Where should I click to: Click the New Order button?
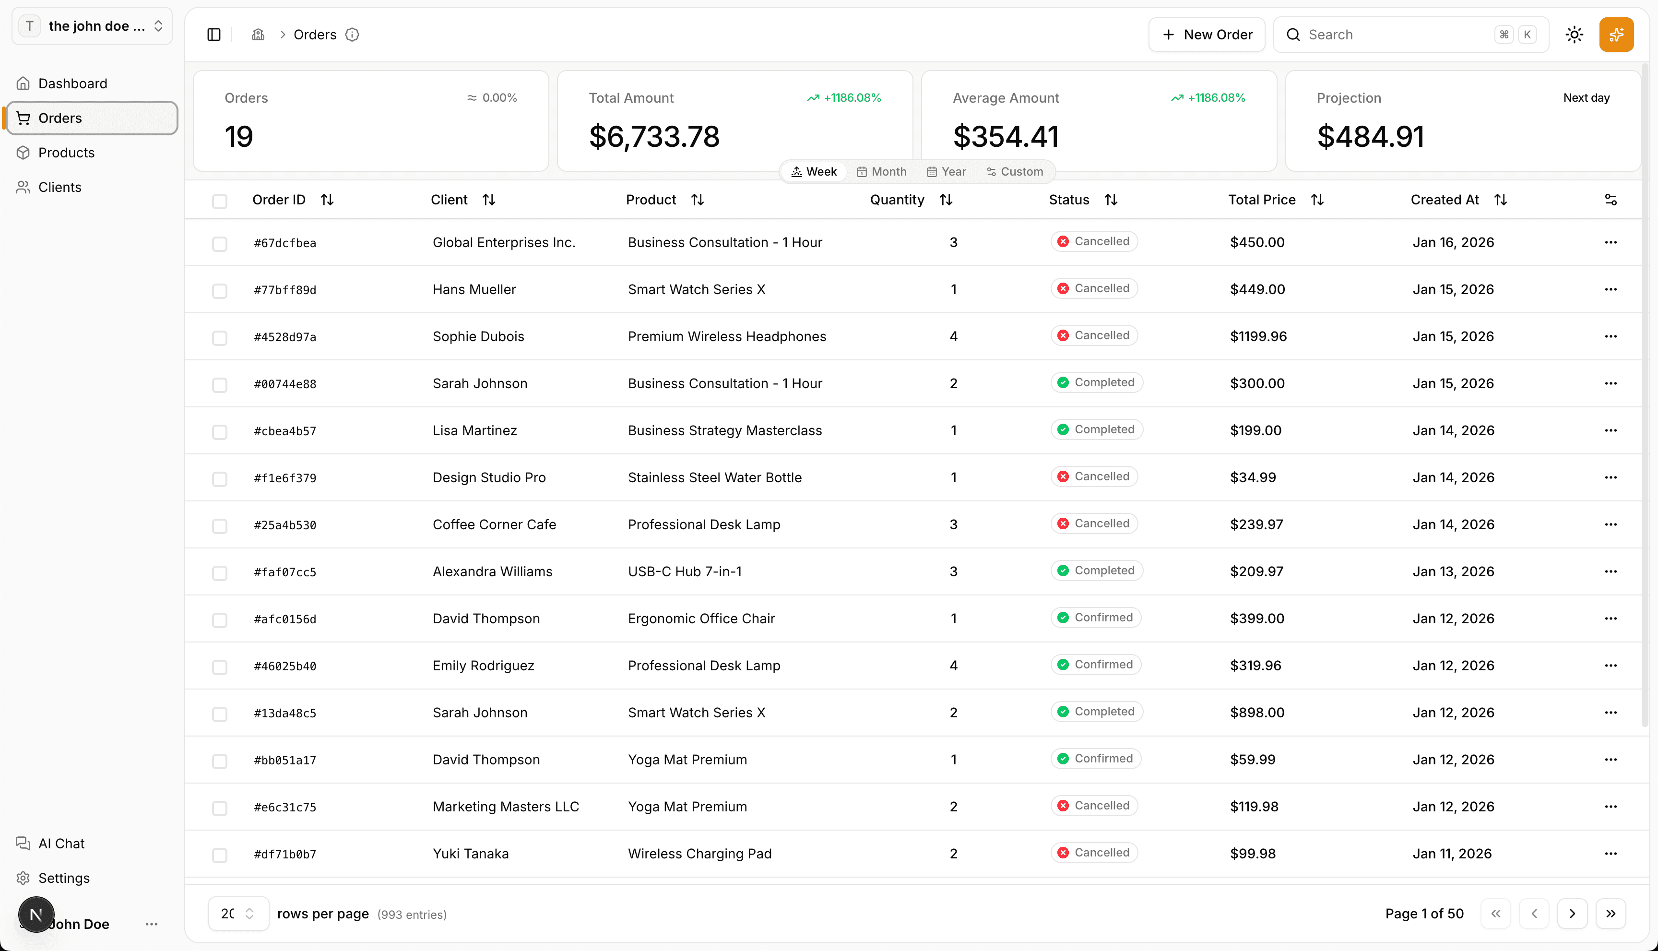point(1207,35)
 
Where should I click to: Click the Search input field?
point(1397,35)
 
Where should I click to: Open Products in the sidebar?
point(66,153)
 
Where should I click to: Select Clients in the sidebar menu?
point(59,188)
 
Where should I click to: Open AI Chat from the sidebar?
point(61,843)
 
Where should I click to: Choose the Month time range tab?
point(882,172)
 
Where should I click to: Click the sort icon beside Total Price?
point(1317,200)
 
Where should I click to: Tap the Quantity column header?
point(897,200)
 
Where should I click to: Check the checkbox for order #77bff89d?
point(219,291)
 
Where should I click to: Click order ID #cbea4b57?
point(284,431)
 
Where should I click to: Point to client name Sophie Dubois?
point(478,336)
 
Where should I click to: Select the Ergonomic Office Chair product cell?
point(701,618)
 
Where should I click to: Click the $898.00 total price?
point(1257,713)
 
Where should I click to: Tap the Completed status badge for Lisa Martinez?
point(1097,430)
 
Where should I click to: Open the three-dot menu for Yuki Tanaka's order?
point(1611,854)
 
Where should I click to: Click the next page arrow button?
point(1572,914)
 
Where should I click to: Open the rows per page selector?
point(237,914)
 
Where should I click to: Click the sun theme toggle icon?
point(1575,35)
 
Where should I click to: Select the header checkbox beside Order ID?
point(219,201)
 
